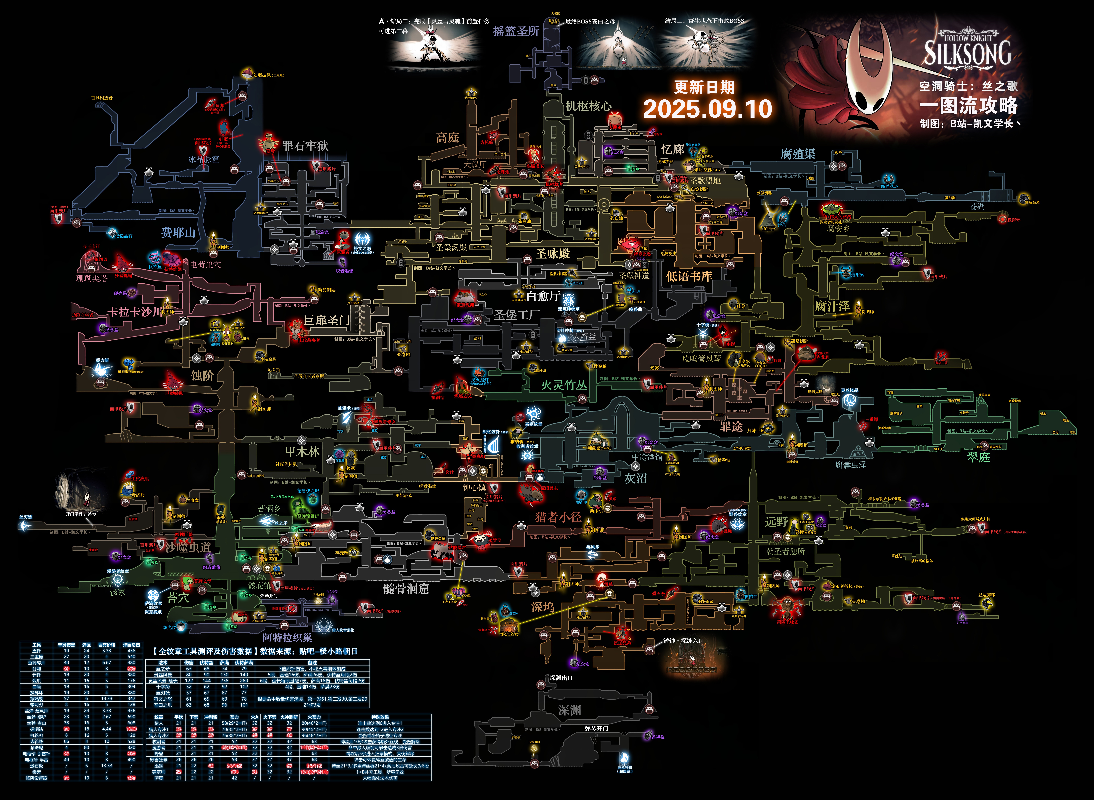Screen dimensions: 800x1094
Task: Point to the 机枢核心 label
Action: pos(588,106)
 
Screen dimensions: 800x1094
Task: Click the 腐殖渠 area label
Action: pos(798,154)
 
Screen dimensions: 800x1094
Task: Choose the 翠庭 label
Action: pos(978,457)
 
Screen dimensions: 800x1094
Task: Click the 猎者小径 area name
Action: pos(558,517)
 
